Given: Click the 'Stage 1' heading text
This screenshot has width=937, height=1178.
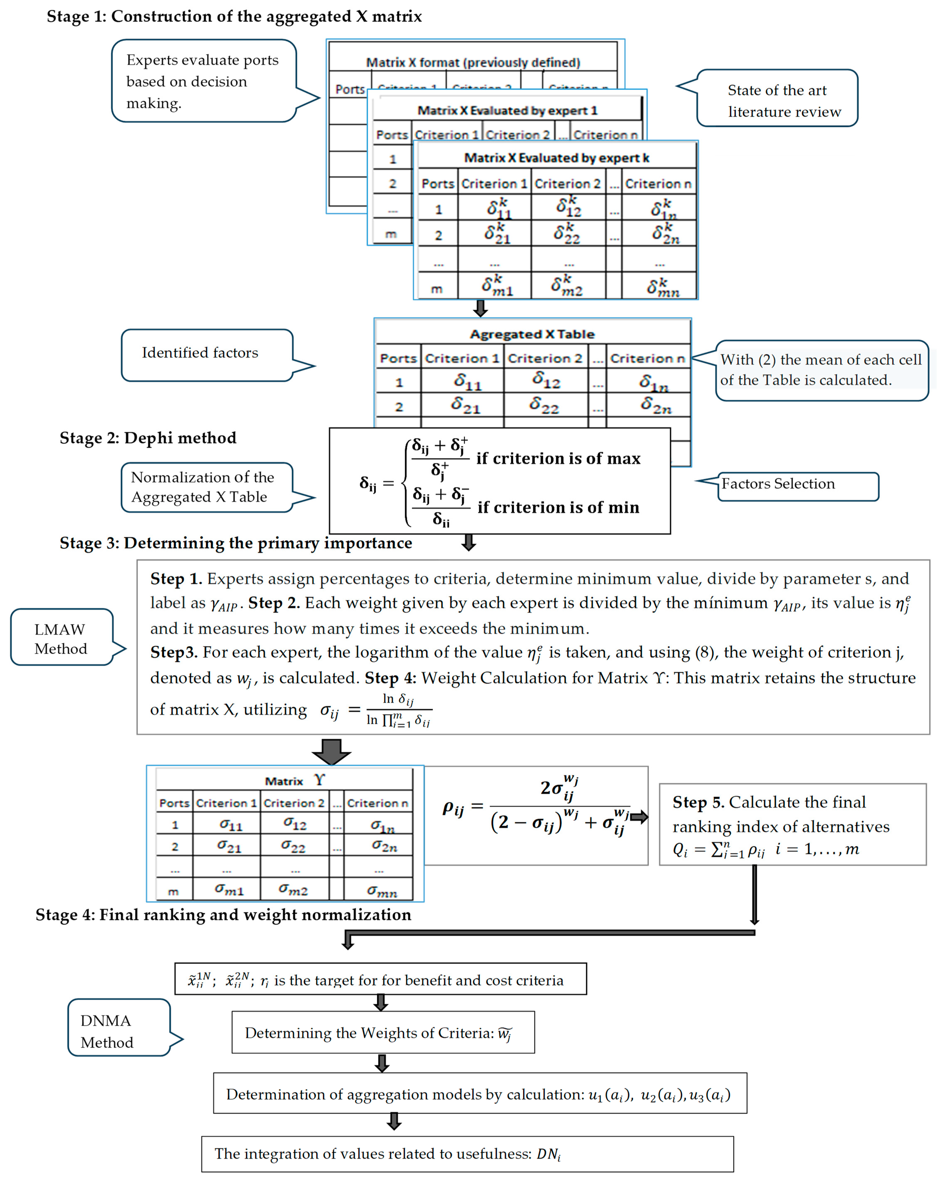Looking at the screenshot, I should click(x=234, y=16).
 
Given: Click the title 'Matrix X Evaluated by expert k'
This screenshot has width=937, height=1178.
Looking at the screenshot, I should click(x=556, y=158).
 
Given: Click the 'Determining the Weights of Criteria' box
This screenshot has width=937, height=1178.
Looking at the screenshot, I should click(x=383, y=1033).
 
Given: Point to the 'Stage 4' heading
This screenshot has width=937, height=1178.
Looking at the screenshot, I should click(x=223, y=915).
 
